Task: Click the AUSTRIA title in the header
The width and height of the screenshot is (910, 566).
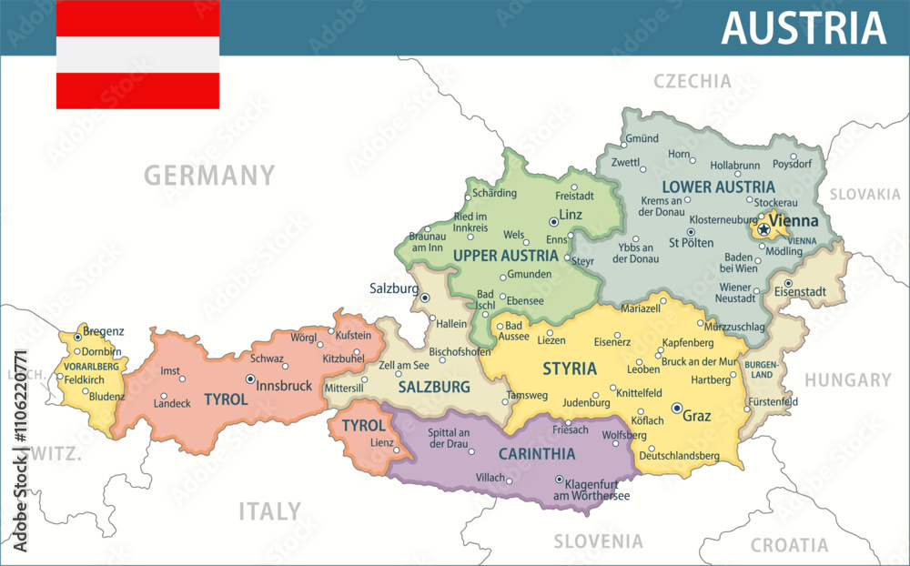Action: [804, 28]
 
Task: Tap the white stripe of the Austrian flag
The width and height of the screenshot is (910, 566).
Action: [137, 55]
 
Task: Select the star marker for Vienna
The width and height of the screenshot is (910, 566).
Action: [763, 230]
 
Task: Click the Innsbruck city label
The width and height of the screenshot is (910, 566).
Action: [284, 386]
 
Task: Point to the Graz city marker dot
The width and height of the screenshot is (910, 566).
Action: [677, 409]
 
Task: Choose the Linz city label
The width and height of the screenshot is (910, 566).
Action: [571, 215]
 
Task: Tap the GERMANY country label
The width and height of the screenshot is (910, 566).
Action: [209, 175]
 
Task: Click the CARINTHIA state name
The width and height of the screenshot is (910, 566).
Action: [537, 453]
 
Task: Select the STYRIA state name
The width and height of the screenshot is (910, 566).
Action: [570, 369]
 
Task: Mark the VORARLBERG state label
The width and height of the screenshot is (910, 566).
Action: [91, 366]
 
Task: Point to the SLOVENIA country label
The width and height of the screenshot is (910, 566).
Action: [598, 541]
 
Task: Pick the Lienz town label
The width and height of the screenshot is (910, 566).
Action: [382, 442]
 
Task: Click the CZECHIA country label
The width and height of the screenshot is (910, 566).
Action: [693, 81]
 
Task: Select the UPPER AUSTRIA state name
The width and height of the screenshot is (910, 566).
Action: [505, 255]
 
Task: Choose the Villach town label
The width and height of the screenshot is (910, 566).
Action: [491, 477]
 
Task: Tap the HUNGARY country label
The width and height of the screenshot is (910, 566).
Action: [847, 380]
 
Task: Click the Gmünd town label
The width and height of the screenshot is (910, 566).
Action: [642, 138]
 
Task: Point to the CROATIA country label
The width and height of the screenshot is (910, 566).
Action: [789, 545]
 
